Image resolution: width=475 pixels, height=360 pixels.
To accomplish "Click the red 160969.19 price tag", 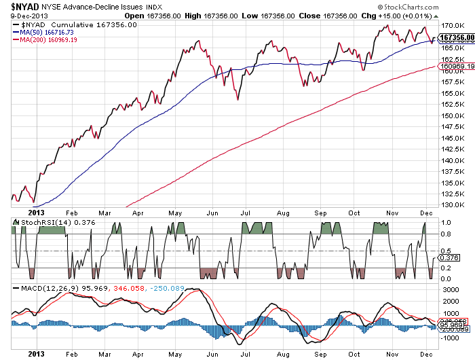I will pyautogui.click(x=457, y=67).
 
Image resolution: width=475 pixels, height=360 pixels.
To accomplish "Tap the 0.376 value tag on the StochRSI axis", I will pyautogui.click(x=447, y=257).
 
